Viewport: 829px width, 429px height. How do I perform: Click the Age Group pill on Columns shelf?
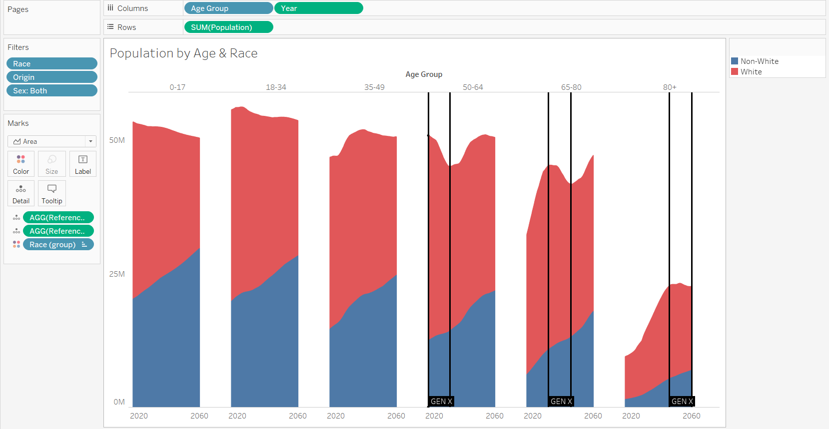pyautogui.click(x=228, y=8)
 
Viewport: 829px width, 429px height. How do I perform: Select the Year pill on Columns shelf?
pyautogui.click(x=318, y=8)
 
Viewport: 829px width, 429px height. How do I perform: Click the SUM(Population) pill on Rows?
pyautogui.click(x=228, y=27)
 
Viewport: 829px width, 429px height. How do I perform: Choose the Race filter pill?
pyautogui.click(x=51, y=64)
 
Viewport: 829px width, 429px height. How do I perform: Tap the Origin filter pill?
pyautogui.click(x=51, y=77)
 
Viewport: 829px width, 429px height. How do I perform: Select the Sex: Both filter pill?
pyautogui.click(x=51, y=91)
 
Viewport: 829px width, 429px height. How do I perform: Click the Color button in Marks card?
pyautogui.click(x=21, y=164)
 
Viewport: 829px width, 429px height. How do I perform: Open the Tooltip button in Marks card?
pyautogui.click(x=52, y=194)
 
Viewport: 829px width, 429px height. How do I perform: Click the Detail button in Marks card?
pyautogui.click(x=21, y=194)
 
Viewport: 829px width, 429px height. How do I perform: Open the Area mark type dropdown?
pyautogui.click(x=52, y=141)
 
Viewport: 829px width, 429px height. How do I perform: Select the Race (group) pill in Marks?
pyautogui.click(x=58, y=245)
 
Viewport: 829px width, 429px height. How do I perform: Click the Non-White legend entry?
pyautogui.click(x=759, y=61)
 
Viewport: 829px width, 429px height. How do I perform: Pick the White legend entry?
pyautogui.click(x=751, y=72)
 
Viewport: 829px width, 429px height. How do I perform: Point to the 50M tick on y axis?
pyautogui.click(x=117, y=140)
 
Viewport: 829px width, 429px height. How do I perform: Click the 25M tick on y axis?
pyautogui.click(x=117, y=274)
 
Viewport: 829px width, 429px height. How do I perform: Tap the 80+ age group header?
pyautogui.click(x=670, y=87)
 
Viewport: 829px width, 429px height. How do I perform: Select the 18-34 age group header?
pyautogui.click(x=276, y=87)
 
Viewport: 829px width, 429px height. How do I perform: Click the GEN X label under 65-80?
pyautogui.click(x=561, y=402)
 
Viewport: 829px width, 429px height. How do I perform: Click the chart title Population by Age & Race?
pyautogui.click(x=183, y=53)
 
